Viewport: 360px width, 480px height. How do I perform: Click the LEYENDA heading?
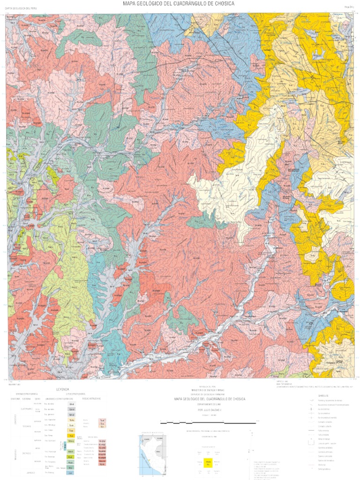[63, 389]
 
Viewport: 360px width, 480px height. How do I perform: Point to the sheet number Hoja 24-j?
[348, 7]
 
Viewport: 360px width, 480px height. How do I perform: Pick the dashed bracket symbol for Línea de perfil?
[311, 443]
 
